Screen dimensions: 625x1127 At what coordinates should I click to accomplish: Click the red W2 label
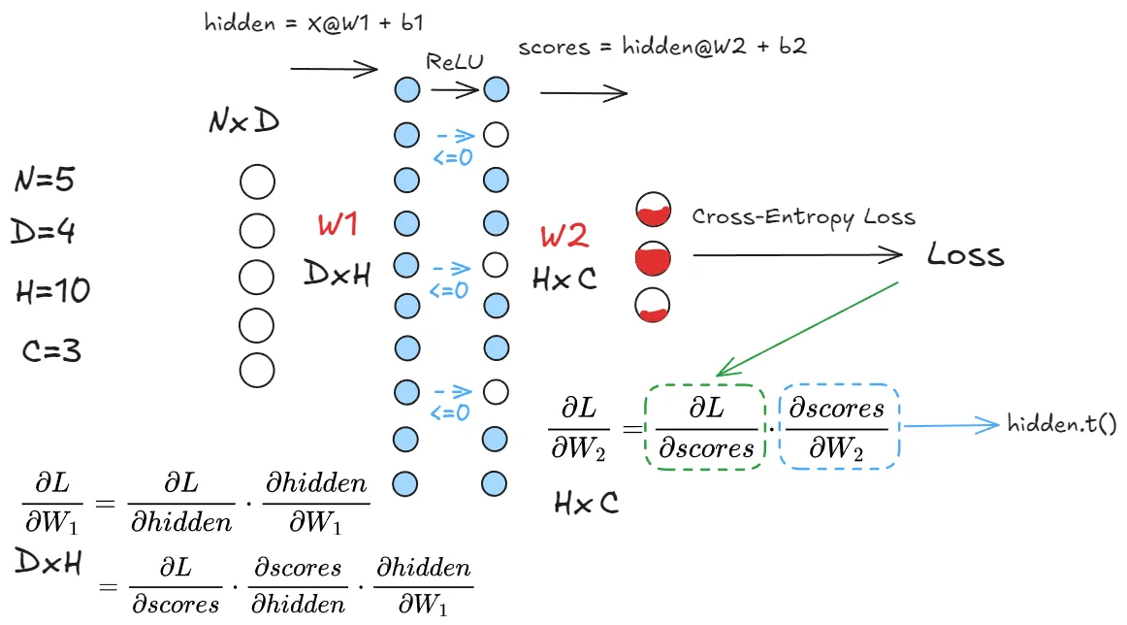coord(564,237)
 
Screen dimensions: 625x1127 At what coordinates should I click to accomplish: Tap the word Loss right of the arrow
coord(965,255)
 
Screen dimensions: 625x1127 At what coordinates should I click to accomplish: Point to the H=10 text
coord(53,290)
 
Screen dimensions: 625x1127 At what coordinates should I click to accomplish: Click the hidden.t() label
coord(1061,424)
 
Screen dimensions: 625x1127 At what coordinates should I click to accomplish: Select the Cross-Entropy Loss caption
coord(803,216)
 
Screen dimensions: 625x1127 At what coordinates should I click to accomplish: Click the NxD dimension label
coord(246,122)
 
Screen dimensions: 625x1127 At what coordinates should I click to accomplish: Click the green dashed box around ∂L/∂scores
coord(705,428)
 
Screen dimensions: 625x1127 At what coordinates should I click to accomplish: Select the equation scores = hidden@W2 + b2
coord(661,47)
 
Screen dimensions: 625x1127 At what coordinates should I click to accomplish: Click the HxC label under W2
coord(565,280)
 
